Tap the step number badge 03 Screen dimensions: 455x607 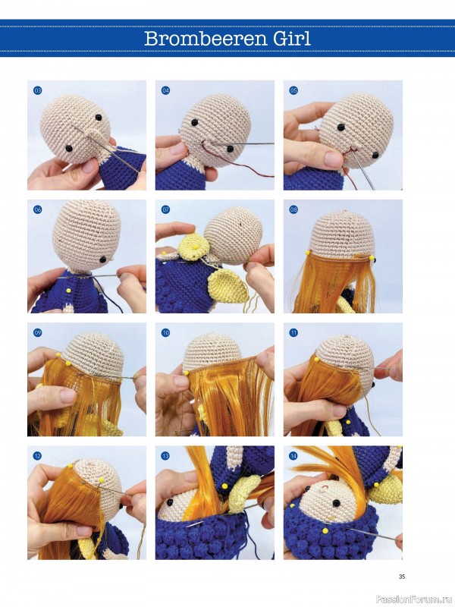(37, 90)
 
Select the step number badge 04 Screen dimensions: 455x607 (165, 90)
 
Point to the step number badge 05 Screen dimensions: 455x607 (293, 90)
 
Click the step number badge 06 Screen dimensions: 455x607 (37, 210)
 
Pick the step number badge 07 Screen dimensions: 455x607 (165, 210)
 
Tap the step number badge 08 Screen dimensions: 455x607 (293, 210)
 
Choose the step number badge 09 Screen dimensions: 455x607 (37, 333)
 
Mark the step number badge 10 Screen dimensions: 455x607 (165, 333)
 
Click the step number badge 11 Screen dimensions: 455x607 (293, 333)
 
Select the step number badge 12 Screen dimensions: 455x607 (37, 456)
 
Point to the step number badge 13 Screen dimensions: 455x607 (165, 456)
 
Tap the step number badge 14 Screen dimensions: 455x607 (293, 456)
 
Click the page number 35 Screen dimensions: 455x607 (402, 577)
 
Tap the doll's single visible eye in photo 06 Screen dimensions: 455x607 (103, 259)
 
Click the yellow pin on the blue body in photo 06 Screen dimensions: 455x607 (69, 291)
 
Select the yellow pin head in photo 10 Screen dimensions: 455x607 (186, 373)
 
